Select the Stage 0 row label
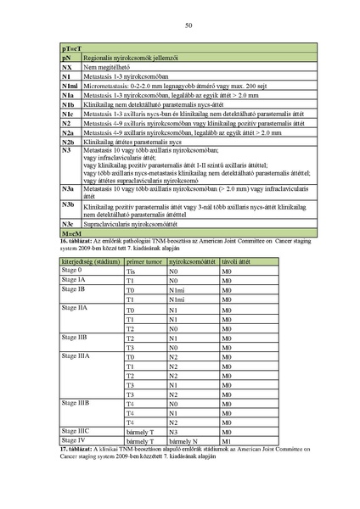[74, 270]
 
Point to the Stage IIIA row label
[77, 357]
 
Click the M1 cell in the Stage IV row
[227, 442]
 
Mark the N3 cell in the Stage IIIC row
[173, 432]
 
